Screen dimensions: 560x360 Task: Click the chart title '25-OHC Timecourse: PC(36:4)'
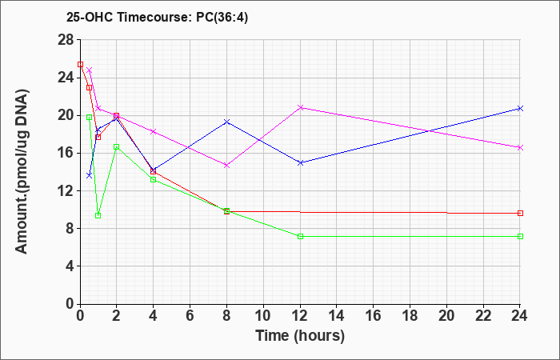tap(157, 17)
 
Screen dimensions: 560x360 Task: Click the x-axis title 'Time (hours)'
tap(300, 336)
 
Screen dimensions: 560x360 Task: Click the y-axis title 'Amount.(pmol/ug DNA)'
tap(22, 172)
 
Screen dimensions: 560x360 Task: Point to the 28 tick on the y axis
tap(66, 40)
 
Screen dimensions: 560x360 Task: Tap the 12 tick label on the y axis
tap(66, 190)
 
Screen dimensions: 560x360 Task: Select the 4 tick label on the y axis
tap(70, 266)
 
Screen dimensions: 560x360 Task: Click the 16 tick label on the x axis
tap(374, 316)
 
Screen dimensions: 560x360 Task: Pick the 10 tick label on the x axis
tap(263, 316)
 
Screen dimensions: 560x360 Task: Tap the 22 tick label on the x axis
tap(483, 316)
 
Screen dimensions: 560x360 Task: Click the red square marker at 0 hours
tap(80, 65)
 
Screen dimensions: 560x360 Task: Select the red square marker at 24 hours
tap(520, 214)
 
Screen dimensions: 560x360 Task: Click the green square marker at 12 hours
tap(300, 237)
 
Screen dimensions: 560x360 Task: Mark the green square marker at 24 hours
tap(520, 237)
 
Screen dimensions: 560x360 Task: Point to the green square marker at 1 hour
tap(98, 216)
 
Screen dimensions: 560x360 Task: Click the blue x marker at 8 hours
tap(226, 122)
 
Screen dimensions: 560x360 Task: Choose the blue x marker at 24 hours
tap(520, 108)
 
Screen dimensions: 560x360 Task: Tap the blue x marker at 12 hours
tap(300, 163)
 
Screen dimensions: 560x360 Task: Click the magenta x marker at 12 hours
tap(300, 107)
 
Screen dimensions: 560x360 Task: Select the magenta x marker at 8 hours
tap(226, 166)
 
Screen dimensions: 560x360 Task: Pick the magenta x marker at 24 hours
tap(520, 147)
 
